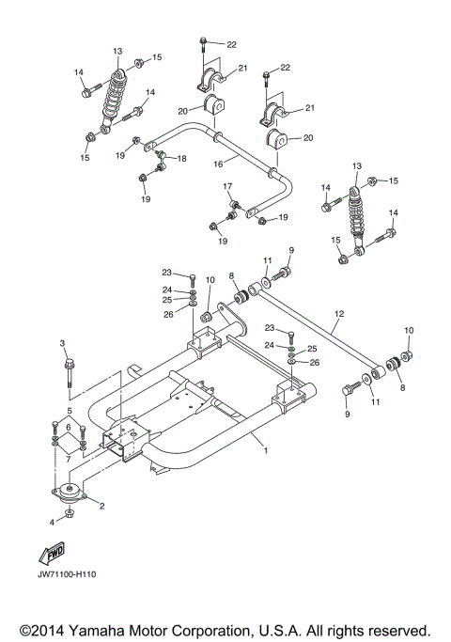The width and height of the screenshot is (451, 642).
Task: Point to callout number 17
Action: point(227,187)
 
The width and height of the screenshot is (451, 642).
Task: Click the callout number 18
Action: point(182,159)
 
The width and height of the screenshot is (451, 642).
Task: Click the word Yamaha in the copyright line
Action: point(94,629)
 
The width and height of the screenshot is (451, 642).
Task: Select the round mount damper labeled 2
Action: point(69,496)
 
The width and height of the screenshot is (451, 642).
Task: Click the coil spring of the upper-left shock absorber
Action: point(114,92)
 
